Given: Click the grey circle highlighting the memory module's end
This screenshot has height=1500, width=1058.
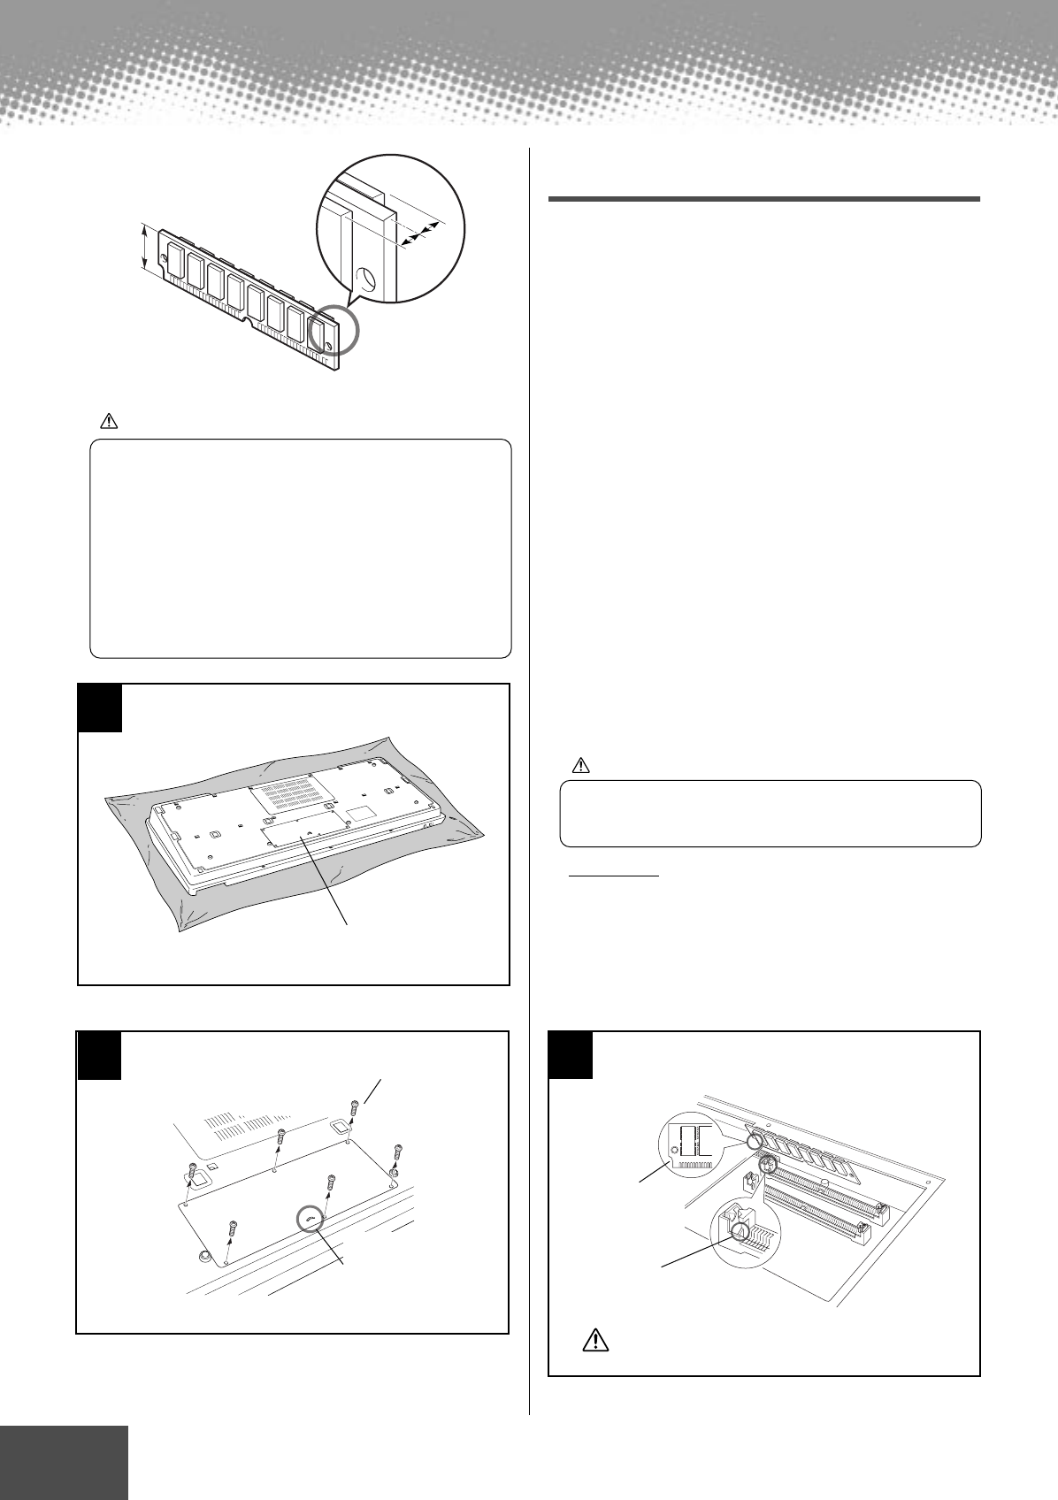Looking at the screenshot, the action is point(335,330).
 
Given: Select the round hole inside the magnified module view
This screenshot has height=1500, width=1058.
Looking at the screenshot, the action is point(365,280).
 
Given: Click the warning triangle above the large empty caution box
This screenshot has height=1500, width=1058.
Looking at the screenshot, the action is point(108,423).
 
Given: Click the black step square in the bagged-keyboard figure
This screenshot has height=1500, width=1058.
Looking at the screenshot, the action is point(99,708).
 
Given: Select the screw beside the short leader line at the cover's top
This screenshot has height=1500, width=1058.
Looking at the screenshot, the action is point(354,1107).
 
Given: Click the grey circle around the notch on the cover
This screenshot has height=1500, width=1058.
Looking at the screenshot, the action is point(310,1219).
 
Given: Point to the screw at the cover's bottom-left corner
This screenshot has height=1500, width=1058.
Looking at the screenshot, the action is point(232,1227).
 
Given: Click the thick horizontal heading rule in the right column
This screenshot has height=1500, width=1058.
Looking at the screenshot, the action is point(763,199).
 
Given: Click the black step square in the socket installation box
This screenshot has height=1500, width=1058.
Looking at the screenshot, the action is point(571,1054).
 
